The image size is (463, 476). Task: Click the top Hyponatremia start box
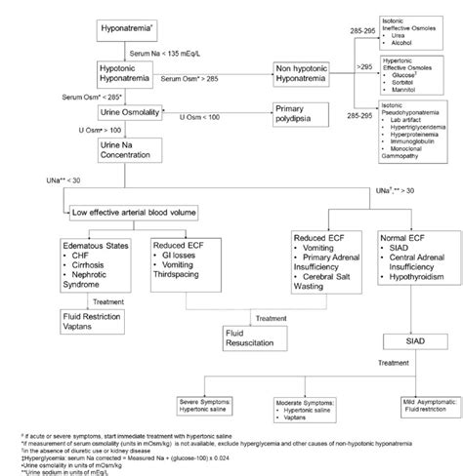point(128,30)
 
